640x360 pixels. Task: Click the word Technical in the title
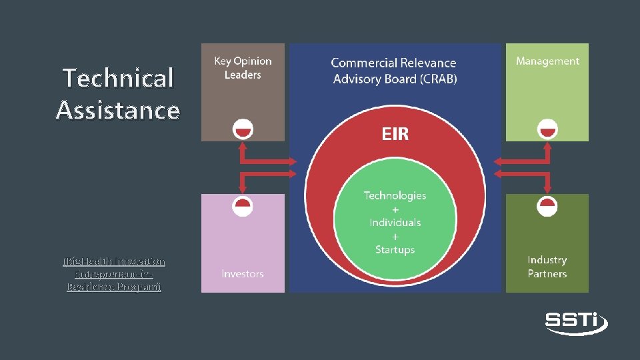point(118,78)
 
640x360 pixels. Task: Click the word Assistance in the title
point(118,110)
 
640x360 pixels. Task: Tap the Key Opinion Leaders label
point(243,68)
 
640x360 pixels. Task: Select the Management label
point(547,61)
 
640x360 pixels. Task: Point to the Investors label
point(243,274)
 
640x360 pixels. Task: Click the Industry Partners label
point(547,267)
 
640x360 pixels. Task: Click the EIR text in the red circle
point(395,135)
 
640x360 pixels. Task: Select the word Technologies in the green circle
point(395,195)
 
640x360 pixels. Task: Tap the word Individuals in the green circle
point(395,222)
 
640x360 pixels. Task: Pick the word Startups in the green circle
point(395,249)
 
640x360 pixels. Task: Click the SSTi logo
point(576,322)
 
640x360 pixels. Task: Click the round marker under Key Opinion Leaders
point(243,129)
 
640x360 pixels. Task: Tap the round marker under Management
point(547,129)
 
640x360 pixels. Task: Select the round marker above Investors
point(243,205)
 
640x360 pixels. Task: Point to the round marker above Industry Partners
point(547,205)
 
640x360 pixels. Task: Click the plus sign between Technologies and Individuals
point(395,209)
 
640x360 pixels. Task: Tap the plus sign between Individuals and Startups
point(395,236)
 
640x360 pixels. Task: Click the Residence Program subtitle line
point(114,287)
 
